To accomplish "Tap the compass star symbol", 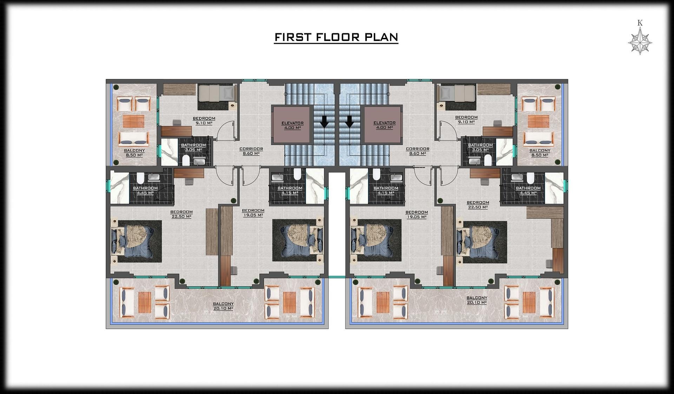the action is (640, 41).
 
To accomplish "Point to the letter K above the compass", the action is (640, 23).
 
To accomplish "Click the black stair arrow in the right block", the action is (349, 122).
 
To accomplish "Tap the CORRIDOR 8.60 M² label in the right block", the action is (417, 151).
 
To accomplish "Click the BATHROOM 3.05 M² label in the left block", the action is (193, 147).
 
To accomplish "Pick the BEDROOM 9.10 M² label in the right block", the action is (466, 120).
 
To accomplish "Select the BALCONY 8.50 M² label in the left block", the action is (134, 153).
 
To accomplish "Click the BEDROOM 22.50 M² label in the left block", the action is (181, 214).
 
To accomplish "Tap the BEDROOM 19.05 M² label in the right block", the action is (417, 215).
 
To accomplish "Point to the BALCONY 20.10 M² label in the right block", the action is (477, 300).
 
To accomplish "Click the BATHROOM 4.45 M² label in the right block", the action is (528, 190).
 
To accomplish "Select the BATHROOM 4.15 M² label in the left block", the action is (290, 190).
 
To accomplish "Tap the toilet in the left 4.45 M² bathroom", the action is (140, 178).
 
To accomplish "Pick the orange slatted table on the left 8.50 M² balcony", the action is (134, 121).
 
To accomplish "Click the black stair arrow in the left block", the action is (324, 122).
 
